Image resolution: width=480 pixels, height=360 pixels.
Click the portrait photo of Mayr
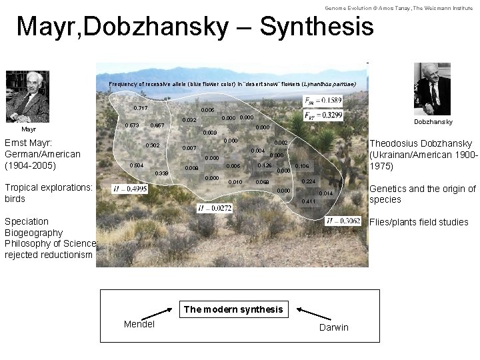(27, 96)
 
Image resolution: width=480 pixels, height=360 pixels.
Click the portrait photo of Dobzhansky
(433, 89)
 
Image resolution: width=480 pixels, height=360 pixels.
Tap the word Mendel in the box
(139, 324)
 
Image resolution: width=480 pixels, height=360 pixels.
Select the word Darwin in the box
(333, 327)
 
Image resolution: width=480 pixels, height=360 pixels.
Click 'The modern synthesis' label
(233, 309)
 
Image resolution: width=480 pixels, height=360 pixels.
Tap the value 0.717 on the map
(140, 108)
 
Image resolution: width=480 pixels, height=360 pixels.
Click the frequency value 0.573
(132, 125)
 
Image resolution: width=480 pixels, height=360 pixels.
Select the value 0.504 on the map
(137, 165)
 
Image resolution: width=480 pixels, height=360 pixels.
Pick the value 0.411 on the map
(309, 201)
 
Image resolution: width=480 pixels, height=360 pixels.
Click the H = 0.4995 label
(131, 189)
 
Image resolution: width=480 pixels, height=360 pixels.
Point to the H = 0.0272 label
(215, 209)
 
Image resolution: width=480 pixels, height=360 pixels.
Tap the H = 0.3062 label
(344, 221)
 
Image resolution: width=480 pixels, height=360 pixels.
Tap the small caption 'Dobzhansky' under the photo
(433, 122)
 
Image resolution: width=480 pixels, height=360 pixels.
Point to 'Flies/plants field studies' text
(419, 222)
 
